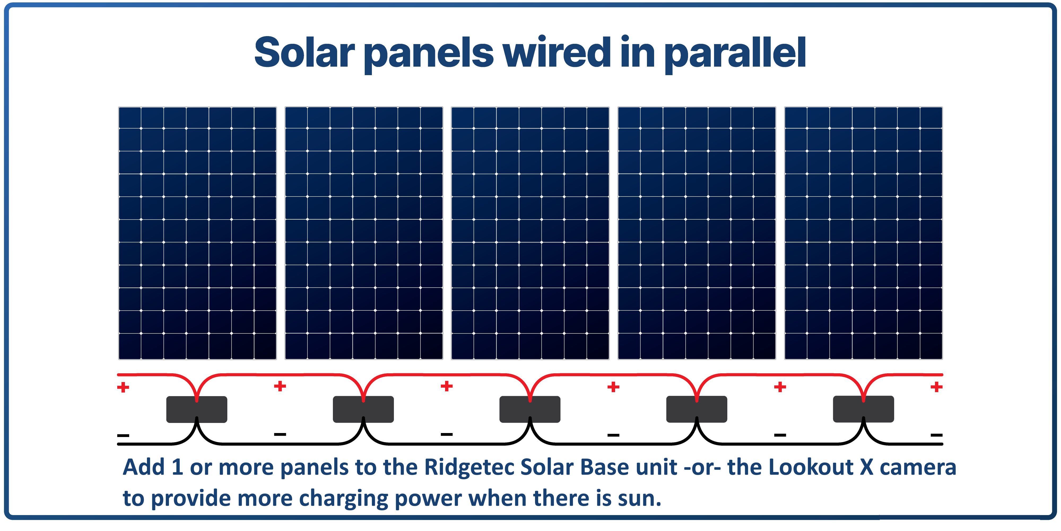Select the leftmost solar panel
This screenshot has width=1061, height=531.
pyautogui.click(x=197, y=233)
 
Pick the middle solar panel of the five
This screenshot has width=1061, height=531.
pyautogui.click(x=530, y=233)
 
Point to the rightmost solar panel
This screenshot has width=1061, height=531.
pyautogui.click(x=863, y=233)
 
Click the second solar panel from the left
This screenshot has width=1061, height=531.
pyautogui.click(x=364, y=233)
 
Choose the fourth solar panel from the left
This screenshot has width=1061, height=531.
pyautogui.click(x=697, y=233)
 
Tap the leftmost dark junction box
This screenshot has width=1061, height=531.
pyautogui.click(x=197, y=409)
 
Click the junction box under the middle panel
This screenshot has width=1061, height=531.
pyautogui.click(x=530, y=409)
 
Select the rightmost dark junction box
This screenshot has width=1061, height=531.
pyautogui.click(x=863, y=409)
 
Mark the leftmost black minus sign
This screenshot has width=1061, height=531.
pyautogui.click(x=123, y=435)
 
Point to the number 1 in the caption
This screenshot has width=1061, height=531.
pyautogui.click(x=177, y=468)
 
